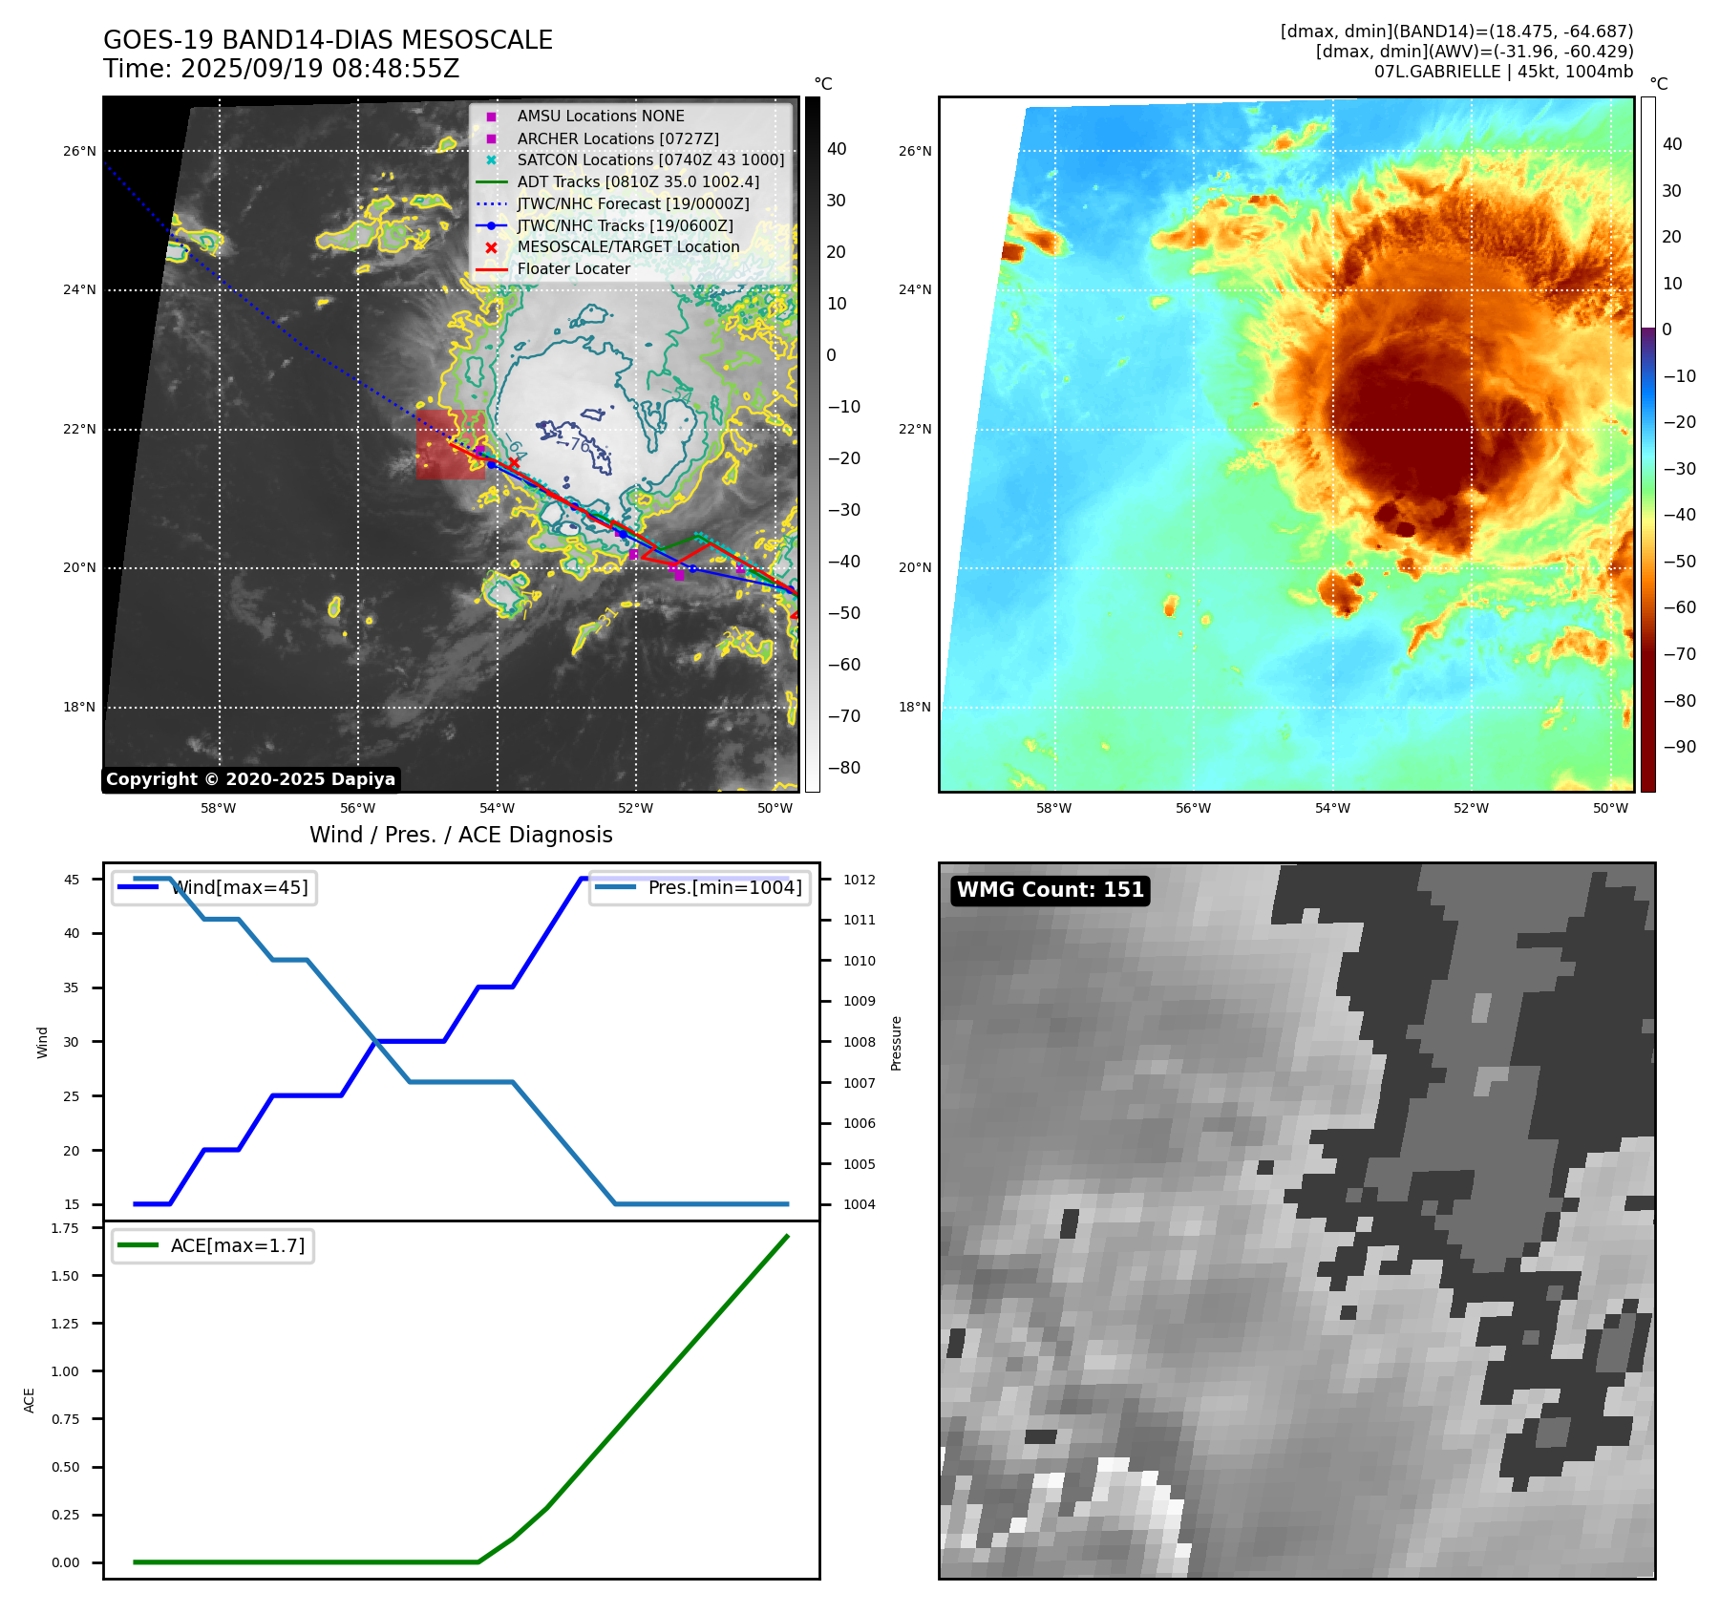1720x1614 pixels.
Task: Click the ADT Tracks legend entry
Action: point(637,181)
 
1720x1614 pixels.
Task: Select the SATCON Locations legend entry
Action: point(649,159)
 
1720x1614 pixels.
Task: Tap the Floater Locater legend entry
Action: point(573,268)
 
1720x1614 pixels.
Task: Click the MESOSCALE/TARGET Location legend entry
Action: point(627,246)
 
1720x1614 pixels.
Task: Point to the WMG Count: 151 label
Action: point(1050,890)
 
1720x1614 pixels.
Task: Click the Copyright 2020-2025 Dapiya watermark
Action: point(250,779)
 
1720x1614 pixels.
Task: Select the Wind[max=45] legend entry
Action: point(239,887)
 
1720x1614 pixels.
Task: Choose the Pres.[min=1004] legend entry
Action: point(724,887)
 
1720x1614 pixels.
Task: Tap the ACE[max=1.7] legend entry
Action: point(237,1245)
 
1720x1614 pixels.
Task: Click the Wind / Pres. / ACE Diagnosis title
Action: point(460,835)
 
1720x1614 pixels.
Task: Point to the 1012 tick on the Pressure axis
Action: point(859,880)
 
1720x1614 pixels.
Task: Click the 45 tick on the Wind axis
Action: point(72,880)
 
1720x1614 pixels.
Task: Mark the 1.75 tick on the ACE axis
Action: point(65,1228)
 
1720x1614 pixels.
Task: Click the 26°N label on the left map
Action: point(79,151)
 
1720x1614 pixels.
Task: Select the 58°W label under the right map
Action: point(1053,808)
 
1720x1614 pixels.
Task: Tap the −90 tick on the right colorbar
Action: point(1679,747)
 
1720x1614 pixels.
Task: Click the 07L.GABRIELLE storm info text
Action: point(1503,72)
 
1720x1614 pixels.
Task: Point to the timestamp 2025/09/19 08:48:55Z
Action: point(319,69)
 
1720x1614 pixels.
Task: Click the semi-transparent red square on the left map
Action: point(449,444)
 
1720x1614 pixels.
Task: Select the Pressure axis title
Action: point(896,1043)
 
